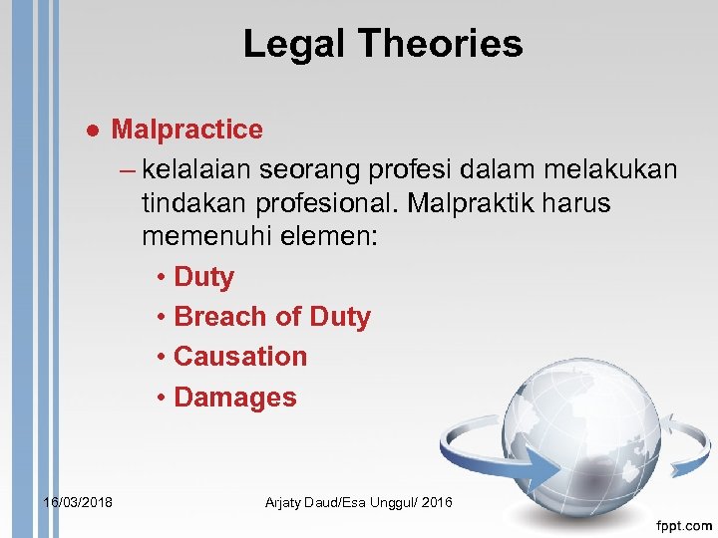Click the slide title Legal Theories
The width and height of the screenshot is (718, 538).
click(x=382, y=44)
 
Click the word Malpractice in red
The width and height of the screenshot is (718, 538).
click(x=186, y=130)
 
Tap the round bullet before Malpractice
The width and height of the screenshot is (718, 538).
click(x=92, y=131)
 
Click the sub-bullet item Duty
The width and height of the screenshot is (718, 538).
click(x=203, y=277)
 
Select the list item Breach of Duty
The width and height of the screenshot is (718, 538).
click(x=271, y=317)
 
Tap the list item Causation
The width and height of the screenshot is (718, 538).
click(x=240, y=357)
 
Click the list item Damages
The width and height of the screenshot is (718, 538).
click(x=235, y=397)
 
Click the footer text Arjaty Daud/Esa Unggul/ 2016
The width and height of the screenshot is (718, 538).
click(x=358, y=502)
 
